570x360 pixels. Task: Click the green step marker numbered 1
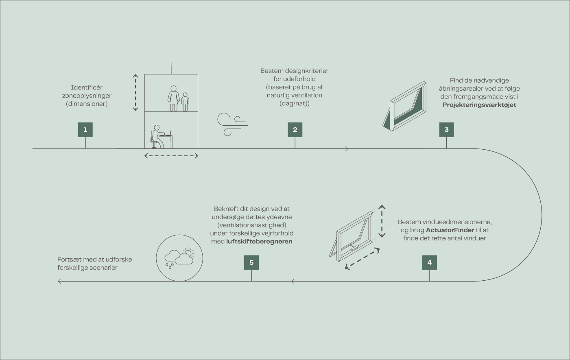(85, 130)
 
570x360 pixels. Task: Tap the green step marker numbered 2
(295, 130)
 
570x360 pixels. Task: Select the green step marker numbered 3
(446, 130)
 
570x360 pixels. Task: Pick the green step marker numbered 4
(430, 262)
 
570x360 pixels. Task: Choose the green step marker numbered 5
(251, 262)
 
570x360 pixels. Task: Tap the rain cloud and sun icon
(179, 258)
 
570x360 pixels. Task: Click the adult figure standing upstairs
(174, 98)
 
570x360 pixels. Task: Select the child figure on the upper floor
(185, 102)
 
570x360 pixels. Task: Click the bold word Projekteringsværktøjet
(479, 105)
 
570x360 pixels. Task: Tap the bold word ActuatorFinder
(450, 230)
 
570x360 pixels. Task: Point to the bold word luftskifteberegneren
(259, 242)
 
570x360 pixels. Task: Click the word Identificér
(87, 87)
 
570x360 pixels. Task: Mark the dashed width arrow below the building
(171, 156)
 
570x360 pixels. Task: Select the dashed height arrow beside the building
(135, 93)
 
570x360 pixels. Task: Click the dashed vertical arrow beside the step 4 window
(382, 221)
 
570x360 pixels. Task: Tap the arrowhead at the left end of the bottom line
(59, 281)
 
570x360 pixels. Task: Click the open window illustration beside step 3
(404, 106)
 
